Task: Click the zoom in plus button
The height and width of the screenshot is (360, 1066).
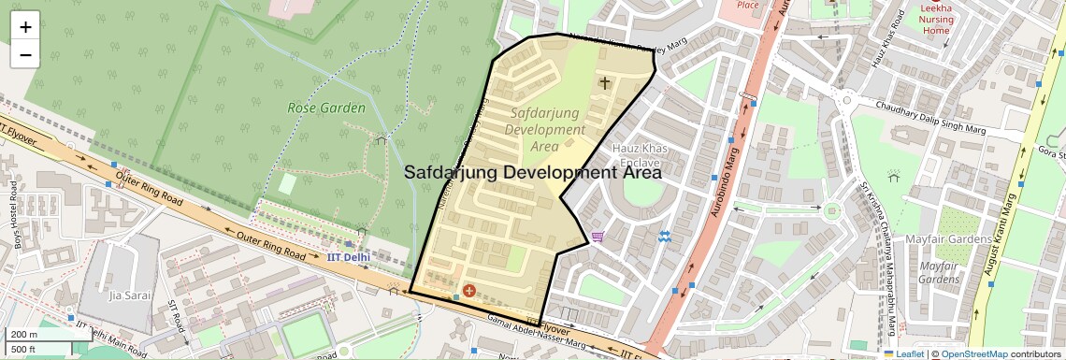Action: pyautogui.click(x=25, y=27)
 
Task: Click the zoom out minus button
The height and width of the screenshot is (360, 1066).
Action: pyautogui.click(x=25, y=54)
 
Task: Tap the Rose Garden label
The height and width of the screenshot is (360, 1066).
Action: pyautogui.click(x=325, y=108)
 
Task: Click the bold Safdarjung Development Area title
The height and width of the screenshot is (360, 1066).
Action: pyautogui.click(x=532, y=172)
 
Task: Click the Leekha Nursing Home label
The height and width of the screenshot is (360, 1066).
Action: pyautogui.click(x=936, y=19)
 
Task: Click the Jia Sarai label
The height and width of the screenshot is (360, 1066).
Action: pyautogui.click(x=130, y=295)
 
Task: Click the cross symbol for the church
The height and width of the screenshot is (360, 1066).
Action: pyautogui.click(x=604, y=83)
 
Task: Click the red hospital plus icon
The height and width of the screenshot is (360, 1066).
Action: pyautogui.click(x=468, y=292)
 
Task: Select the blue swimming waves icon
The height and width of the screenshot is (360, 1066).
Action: pyautogui.click(x=664, y=237)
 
